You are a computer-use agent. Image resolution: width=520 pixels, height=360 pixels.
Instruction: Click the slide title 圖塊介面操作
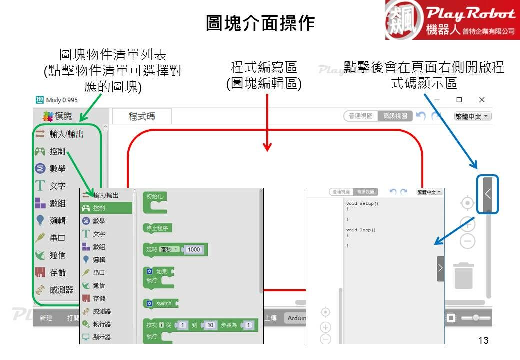tap(260, 23)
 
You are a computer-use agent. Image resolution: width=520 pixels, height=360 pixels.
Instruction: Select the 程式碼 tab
tap(142, 116)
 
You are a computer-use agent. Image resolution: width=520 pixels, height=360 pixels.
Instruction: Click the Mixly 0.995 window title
tap(56, 100)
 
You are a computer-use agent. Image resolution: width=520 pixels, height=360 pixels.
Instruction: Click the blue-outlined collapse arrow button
tap(488, 194)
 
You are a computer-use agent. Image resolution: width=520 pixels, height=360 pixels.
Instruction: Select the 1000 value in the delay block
tap(194, 250)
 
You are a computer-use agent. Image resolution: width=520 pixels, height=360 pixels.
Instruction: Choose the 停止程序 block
tap(157, 228)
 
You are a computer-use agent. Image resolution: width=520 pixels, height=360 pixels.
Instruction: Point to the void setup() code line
tap(362, 204)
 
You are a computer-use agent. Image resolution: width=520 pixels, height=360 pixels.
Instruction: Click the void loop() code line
tap(361, 230)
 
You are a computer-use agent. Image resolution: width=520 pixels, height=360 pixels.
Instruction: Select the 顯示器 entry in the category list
tap(102, 337)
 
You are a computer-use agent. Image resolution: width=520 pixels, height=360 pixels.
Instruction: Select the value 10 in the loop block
tap(210, 325)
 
